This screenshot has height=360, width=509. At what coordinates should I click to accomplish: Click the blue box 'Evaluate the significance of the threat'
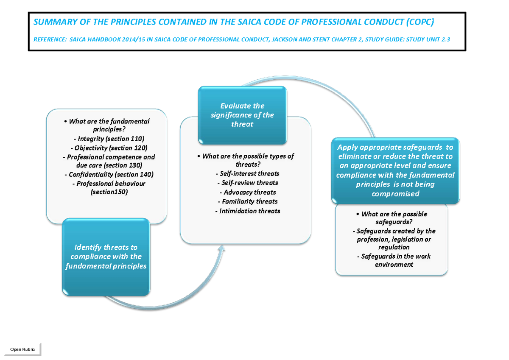242,115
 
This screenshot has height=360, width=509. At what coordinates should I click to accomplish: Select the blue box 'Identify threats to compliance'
106,257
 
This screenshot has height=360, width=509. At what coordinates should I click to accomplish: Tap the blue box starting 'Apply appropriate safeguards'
395,170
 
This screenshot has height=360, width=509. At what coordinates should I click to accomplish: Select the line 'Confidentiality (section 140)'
109,174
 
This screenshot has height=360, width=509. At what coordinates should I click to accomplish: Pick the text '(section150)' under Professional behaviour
109,192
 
